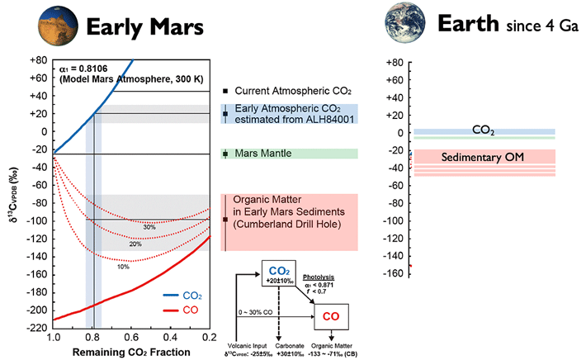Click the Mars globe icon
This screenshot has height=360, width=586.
(54, 28)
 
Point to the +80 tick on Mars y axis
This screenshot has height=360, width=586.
(37, 61)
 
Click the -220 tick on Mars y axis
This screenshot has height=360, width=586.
(35, 327)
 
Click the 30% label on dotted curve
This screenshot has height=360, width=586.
(149, 226)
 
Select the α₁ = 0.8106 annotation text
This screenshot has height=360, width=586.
(87, 69)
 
